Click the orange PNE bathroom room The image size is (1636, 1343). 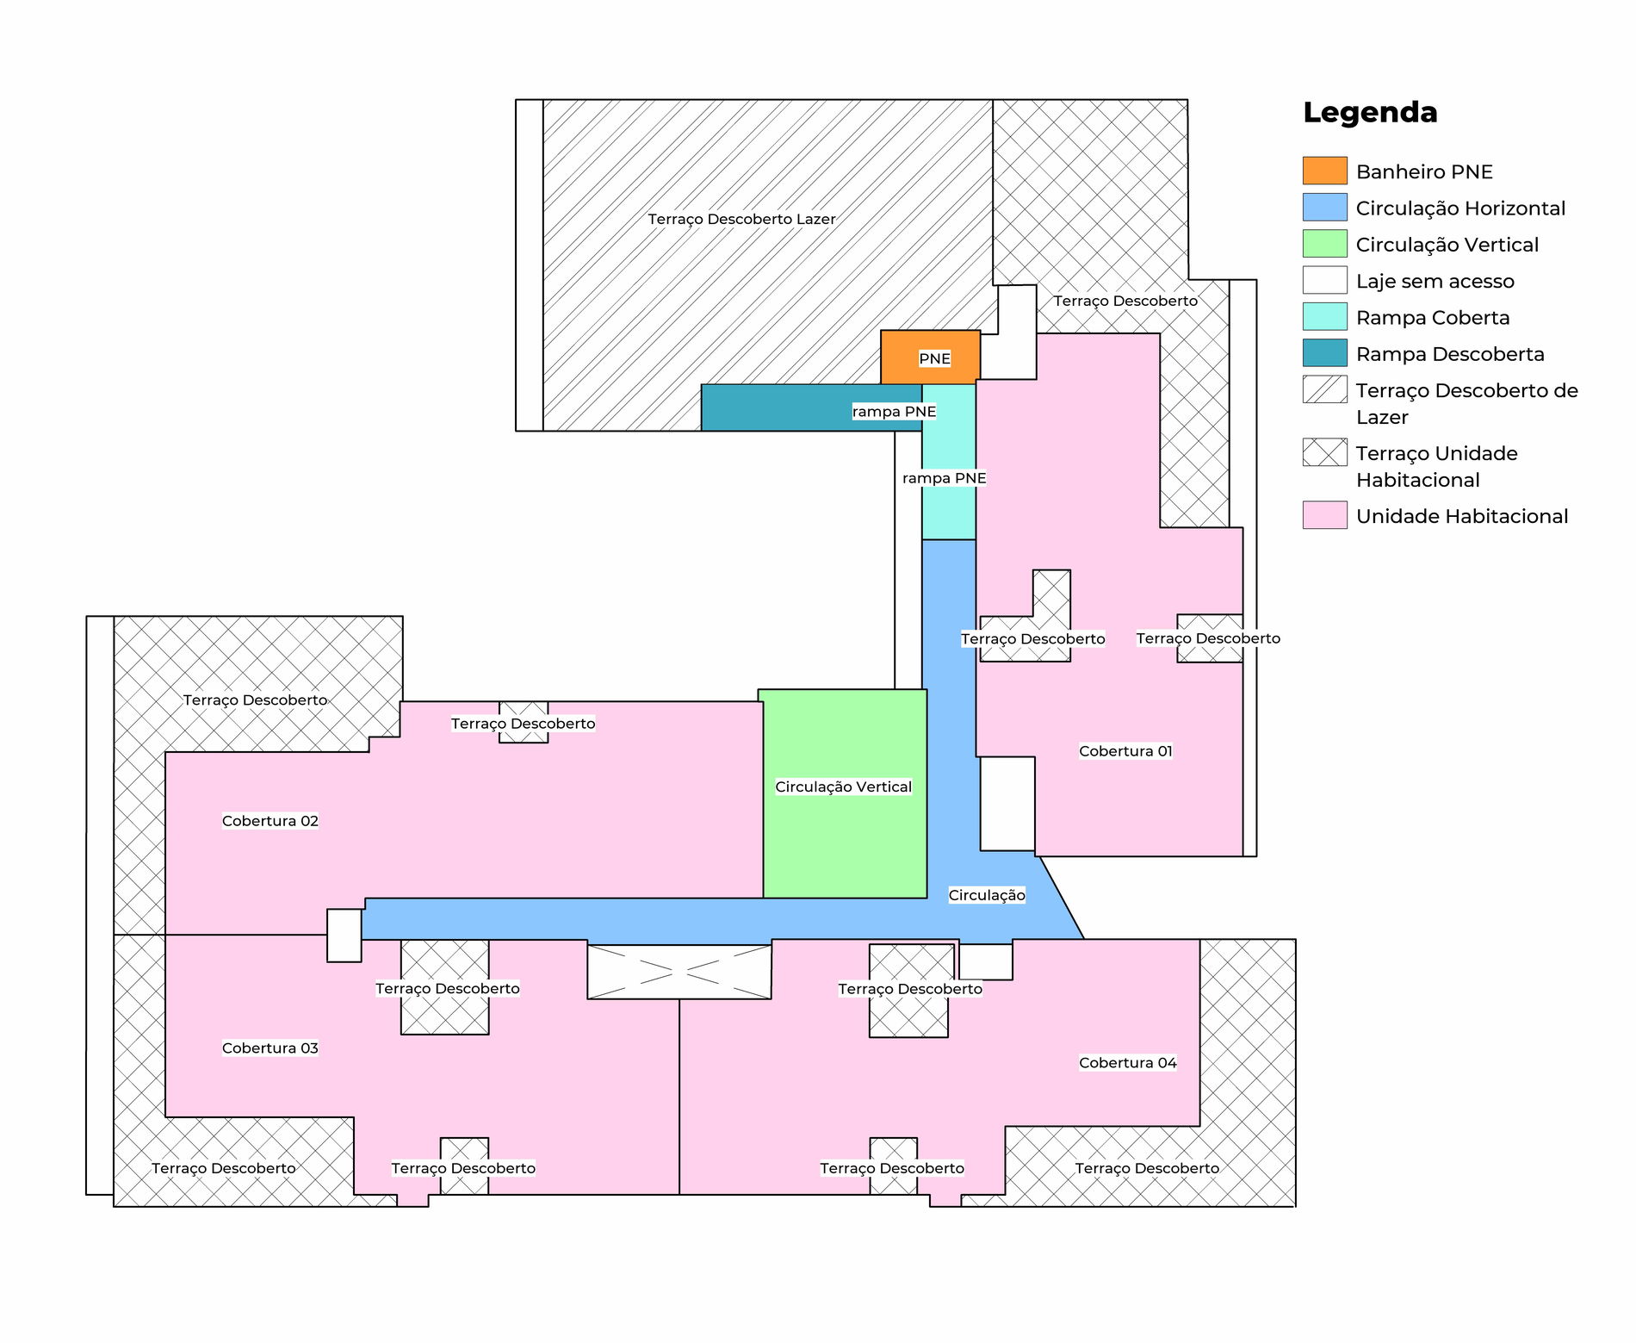click(x=930, y=357)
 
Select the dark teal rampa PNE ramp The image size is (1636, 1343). click(x=811, y=407)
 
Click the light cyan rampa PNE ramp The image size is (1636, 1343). click(x=949, y=462)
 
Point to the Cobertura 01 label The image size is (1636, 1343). click(x=1125, y=751)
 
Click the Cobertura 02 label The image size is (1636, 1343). click(x=270, y=821)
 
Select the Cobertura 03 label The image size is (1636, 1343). click(x=270, y=1048)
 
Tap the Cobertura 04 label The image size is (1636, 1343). click(x=1128, y=1063)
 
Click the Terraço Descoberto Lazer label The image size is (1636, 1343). click(x=741, y=219)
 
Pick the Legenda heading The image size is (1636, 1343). click(x=1370, y=113)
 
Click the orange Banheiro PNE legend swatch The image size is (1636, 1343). click(x=1324, y=171)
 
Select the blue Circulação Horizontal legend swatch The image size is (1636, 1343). click(x=1324, y=207)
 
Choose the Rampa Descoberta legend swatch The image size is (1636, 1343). click(x=1324, y=353)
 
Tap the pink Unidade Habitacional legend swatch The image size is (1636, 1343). click(x=1324, y=515)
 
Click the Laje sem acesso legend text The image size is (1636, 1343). click(x=1435, y=282)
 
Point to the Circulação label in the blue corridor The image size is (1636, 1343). click(x=987, y=895)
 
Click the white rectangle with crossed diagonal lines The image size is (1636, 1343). click(x=679, y=972)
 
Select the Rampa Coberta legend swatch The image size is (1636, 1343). click(x=1324, y=316)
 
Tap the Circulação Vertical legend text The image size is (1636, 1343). click(x=1447, y=245)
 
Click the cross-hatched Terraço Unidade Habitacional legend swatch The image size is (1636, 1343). click(x=1324, y=452)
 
